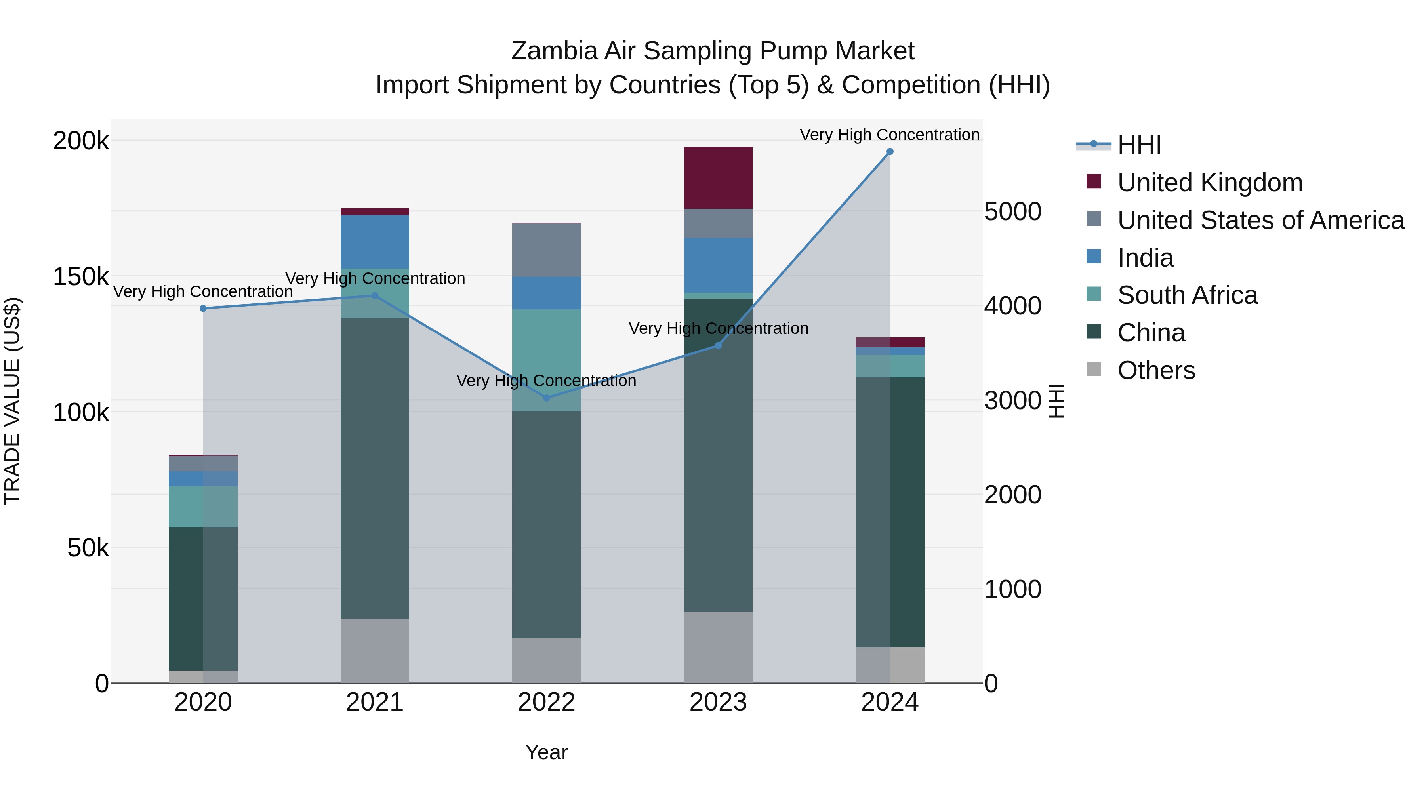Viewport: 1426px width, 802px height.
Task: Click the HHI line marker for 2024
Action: (x=890, y=152)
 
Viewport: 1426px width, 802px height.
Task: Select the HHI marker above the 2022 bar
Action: (x=546, y=398)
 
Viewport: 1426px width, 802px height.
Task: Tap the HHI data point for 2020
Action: (x=203, y=308)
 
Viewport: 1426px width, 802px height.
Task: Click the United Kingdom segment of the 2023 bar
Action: (x=718, y=178)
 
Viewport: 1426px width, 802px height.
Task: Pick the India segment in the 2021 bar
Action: (x=375, y=242)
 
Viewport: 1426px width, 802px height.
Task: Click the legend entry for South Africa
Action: (x=1187, y=295)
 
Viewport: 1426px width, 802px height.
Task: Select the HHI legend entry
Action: (x=1139, y=145)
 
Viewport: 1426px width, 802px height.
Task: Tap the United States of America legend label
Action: (x=1260, y=220)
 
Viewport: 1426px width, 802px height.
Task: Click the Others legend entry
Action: (x=1156, y=370)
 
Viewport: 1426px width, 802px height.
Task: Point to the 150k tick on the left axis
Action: (x=81, y=276)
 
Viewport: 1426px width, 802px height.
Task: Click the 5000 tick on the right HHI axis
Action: (x=1012, y=211)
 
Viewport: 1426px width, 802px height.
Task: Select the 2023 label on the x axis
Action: (x=718, y=702)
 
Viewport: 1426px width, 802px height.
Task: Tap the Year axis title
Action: (x=546, y=752)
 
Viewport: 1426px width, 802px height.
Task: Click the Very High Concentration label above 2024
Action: (x=890, y=135)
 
